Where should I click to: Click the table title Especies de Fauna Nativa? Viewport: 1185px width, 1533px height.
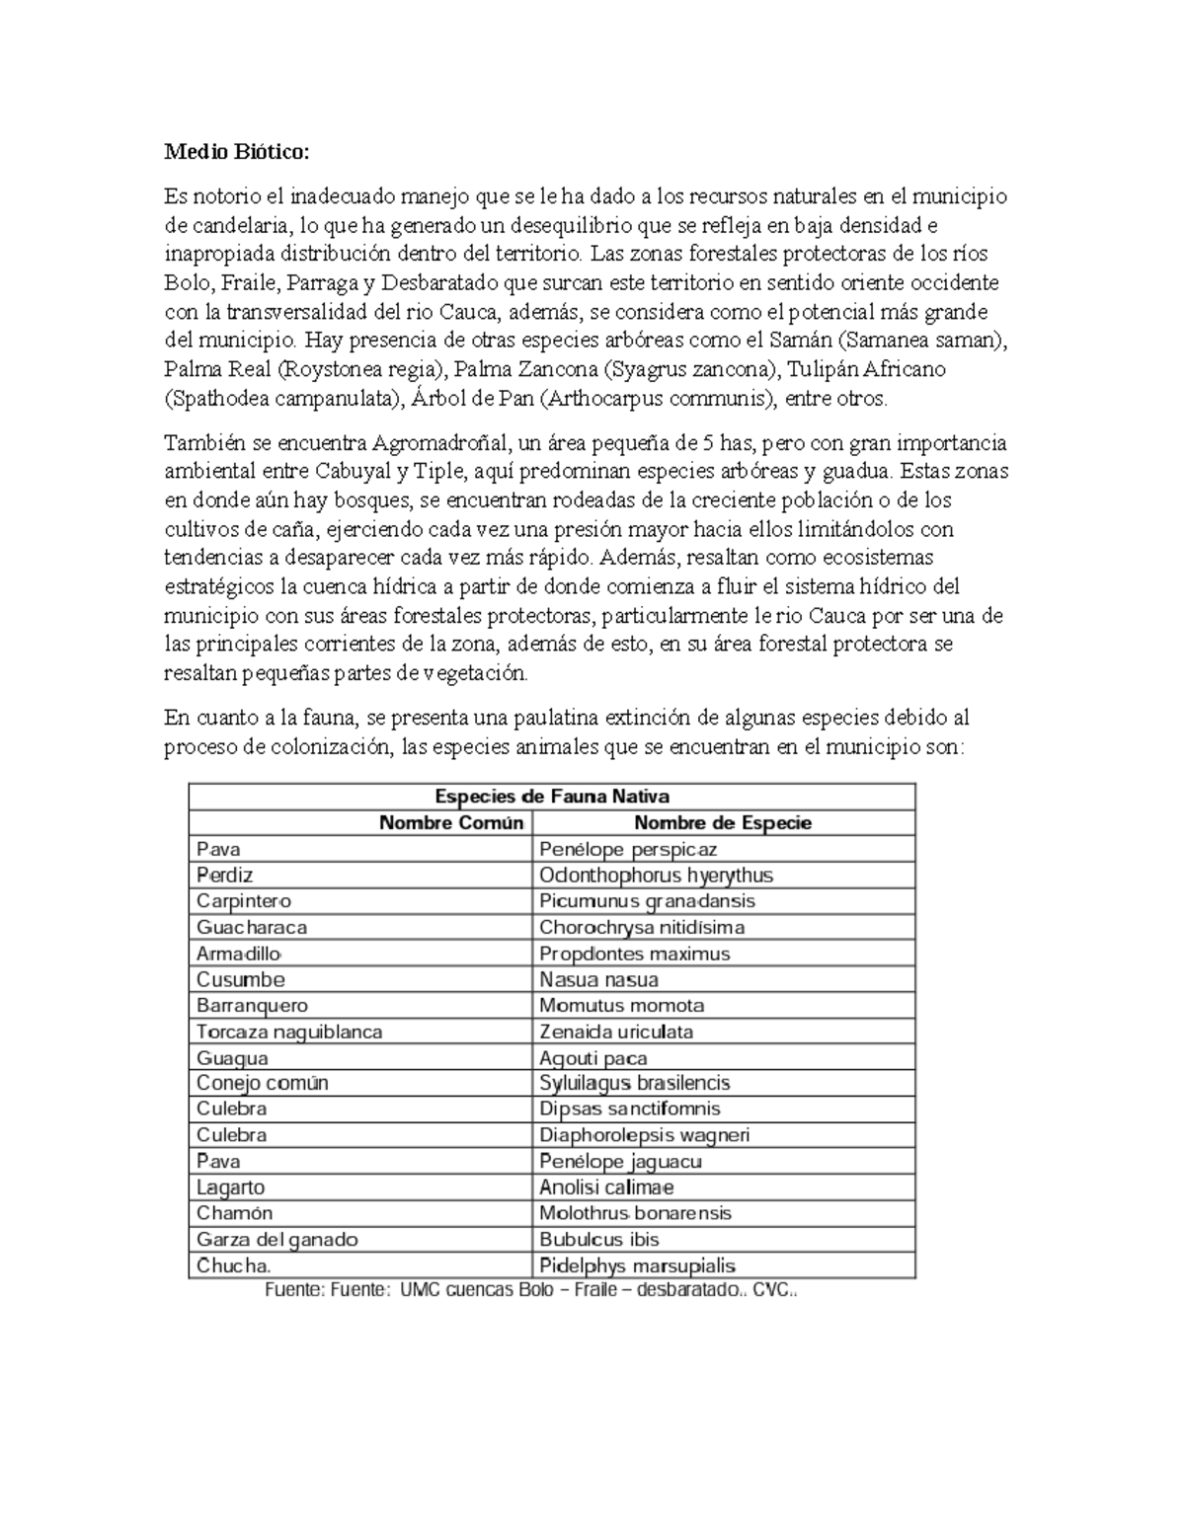[552, 797]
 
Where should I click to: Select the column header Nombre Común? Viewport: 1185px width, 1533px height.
[451, 823]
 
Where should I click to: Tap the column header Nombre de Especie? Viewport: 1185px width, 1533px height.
[722, 823]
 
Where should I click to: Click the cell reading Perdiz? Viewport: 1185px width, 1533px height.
[224, 876]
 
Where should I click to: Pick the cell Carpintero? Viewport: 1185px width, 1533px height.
[243, 901]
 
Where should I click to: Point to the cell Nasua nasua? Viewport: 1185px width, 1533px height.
[598, 980]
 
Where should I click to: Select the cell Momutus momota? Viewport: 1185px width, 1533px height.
[621, 1006]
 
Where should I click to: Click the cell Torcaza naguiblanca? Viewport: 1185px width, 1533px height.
[288, 1032]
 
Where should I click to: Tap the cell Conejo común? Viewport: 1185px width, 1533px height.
[262, 1083]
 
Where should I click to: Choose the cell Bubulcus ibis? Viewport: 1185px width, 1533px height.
[598, 1240]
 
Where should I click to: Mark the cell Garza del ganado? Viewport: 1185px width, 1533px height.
[276, 1240]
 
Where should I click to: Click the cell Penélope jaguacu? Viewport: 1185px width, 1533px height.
[620, 1162]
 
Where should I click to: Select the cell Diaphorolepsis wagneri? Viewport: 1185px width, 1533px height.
[644, 1135]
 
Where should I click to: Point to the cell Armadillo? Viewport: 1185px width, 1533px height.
[239, 954]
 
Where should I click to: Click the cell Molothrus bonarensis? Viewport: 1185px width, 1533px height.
[635, 1213]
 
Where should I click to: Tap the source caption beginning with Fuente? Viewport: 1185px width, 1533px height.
[530, 1290]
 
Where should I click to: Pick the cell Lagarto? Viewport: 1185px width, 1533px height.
[230, 1188]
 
